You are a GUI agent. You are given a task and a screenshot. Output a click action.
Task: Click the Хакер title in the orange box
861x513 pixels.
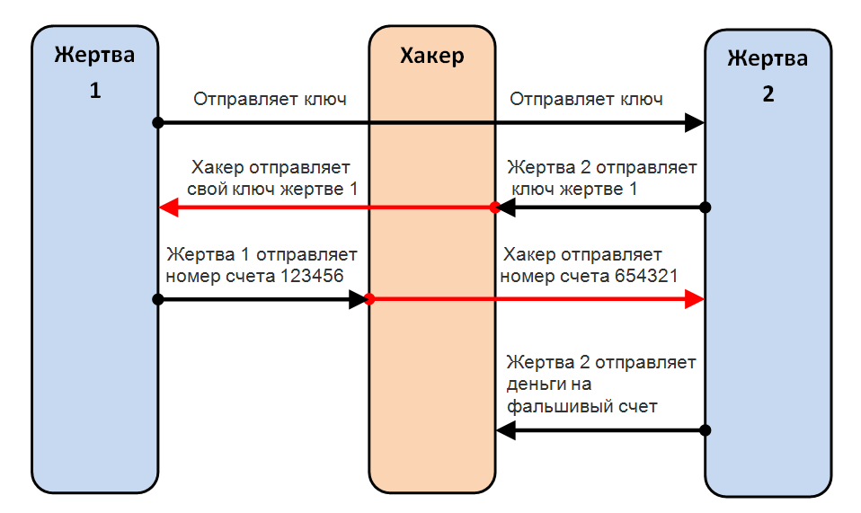click(x=432, y=56)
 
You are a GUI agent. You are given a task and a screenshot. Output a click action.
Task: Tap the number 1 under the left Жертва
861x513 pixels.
click(x=95, y=91)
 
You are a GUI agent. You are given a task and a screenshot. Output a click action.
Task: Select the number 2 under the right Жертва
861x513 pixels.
click(x=768, y=94)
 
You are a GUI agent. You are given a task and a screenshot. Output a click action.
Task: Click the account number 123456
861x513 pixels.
click(x=312, y=276)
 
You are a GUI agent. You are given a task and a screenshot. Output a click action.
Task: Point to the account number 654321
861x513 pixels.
click(x=646, y=276)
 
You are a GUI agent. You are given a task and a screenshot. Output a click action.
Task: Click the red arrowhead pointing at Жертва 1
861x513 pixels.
click(x=168, y=208)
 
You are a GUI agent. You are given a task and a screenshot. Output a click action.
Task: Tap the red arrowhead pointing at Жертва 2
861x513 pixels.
click(x=695, y=299)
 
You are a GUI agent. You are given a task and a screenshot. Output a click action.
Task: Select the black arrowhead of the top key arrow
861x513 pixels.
click(x=695, y=122)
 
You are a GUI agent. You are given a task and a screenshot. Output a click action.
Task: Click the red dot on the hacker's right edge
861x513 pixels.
click(x=494, y=208)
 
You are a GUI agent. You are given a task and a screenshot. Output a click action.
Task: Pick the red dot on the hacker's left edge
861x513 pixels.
click(x=369, y=299)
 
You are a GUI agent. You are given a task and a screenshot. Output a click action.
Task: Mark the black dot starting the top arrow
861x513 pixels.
click(x=158, y=122)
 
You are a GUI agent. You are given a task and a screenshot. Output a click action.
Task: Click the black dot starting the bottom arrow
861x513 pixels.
click(x=706, y=430)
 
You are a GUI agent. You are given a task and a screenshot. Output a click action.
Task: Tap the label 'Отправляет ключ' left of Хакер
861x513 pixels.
click(x=270, y=100)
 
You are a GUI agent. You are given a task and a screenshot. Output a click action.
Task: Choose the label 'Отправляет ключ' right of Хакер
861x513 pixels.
click(x=586, y=100)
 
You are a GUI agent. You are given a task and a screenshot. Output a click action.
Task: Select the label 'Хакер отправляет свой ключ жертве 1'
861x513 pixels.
click(x=271, y=178)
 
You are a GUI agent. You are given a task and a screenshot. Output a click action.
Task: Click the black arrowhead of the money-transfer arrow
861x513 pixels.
click(x=506, y=430)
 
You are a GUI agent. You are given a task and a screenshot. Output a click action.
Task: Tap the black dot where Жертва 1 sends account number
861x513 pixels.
click(x=158, y=299)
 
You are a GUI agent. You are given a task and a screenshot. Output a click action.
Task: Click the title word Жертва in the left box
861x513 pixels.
click(x=94, y=55)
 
